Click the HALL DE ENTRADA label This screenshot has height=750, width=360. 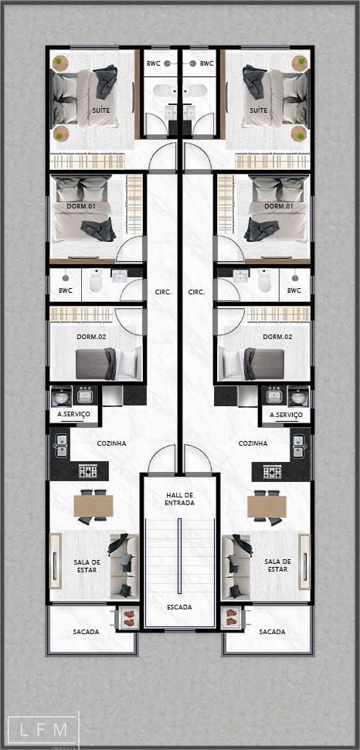180,498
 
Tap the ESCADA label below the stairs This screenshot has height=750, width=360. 180,607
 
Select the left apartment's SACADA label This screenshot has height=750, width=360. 86,631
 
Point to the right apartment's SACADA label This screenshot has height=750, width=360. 272,631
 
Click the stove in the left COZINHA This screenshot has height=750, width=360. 88,472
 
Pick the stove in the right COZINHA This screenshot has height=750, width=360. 272,472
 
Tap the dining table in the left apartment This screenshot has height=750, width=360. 93,506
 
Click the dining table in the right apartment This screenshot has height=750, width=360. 267,506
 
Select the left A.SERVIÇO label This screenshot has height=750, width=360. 73,414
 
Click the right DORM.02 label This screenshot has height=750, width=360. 277,336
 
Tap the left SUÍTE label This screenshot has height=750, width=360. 101,110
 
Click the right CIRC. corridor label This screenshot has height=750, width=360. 196,291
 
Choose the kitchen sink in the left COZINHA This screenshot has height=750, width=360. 62,445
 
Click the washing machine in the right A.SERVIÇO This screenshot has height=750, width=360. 299,396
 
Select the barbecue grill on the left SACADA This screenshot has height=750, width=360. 128,617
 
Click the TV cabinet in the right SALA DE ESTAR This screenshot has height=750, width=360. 304,562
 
